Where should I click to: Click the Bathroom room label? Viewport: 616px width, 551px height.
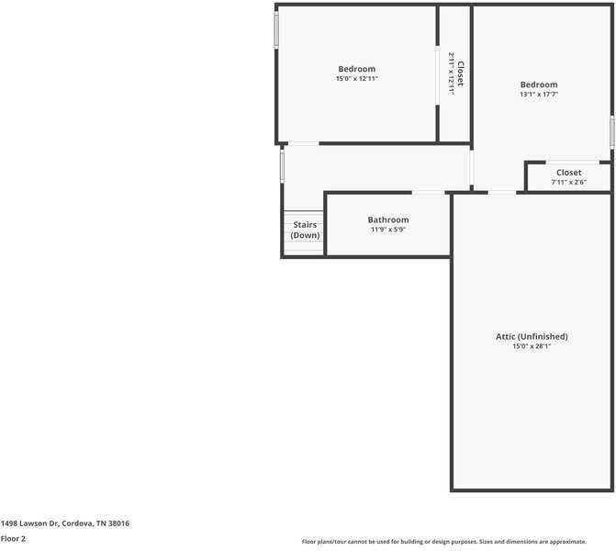(388, 219)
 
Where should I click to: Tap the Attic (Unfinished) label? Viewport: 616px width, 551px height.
(532, 336)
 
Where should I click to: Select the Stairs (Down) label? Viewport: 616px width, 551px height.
(306, 230)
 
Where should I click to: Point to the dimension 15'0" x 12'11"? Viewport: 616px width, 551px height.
(356, 79)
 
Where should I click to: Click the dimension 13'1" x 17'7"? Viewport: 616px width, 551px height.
(539, 94)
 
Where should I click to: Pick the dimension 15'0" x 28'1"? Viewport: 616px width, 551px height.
(532, 346)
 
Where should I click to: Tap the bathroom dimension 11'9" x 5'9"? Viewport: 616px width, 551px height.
(388, 230)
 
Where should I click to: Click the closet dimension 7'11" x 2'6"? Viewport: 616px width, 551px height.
(568, 182)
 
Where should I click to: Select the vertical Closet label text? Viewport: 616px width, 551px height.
(461, 73)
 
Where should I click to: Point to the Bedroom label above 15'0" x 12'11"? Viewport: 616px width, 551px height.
(356, 69)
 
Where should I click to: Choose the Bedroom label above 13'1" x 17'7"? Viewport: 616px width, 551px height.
(539, 84)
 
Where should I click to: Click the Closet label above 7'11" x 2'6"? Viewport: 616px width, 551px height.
(568, 173)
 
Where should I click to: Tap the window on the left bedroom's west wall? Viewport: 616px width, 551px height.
(276, 30)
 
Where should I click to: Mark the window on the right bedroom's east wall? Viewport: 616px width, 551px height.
(612, 132)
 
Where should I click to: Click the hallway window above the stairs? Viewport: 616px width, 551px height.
(282, 166)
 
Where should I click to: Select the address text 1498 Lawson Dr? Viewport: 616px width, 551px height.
(64, 523)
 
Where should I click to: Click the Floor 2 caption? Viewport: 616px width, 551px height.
(13, 539)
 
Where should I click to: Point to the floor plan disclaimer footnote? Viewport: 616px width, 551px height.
(456, 542)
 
